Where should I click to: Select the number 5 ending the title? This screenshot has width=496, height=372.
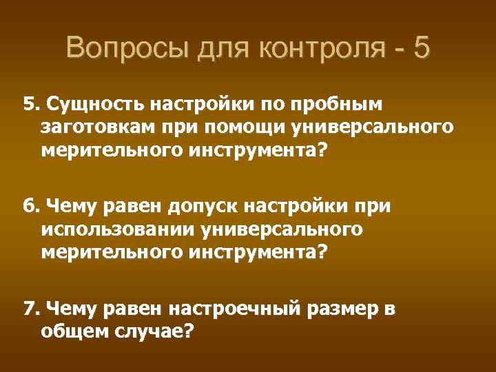click(422, 49)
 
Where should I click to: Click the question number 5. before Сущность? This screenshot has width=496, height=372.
click(30, 104)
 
